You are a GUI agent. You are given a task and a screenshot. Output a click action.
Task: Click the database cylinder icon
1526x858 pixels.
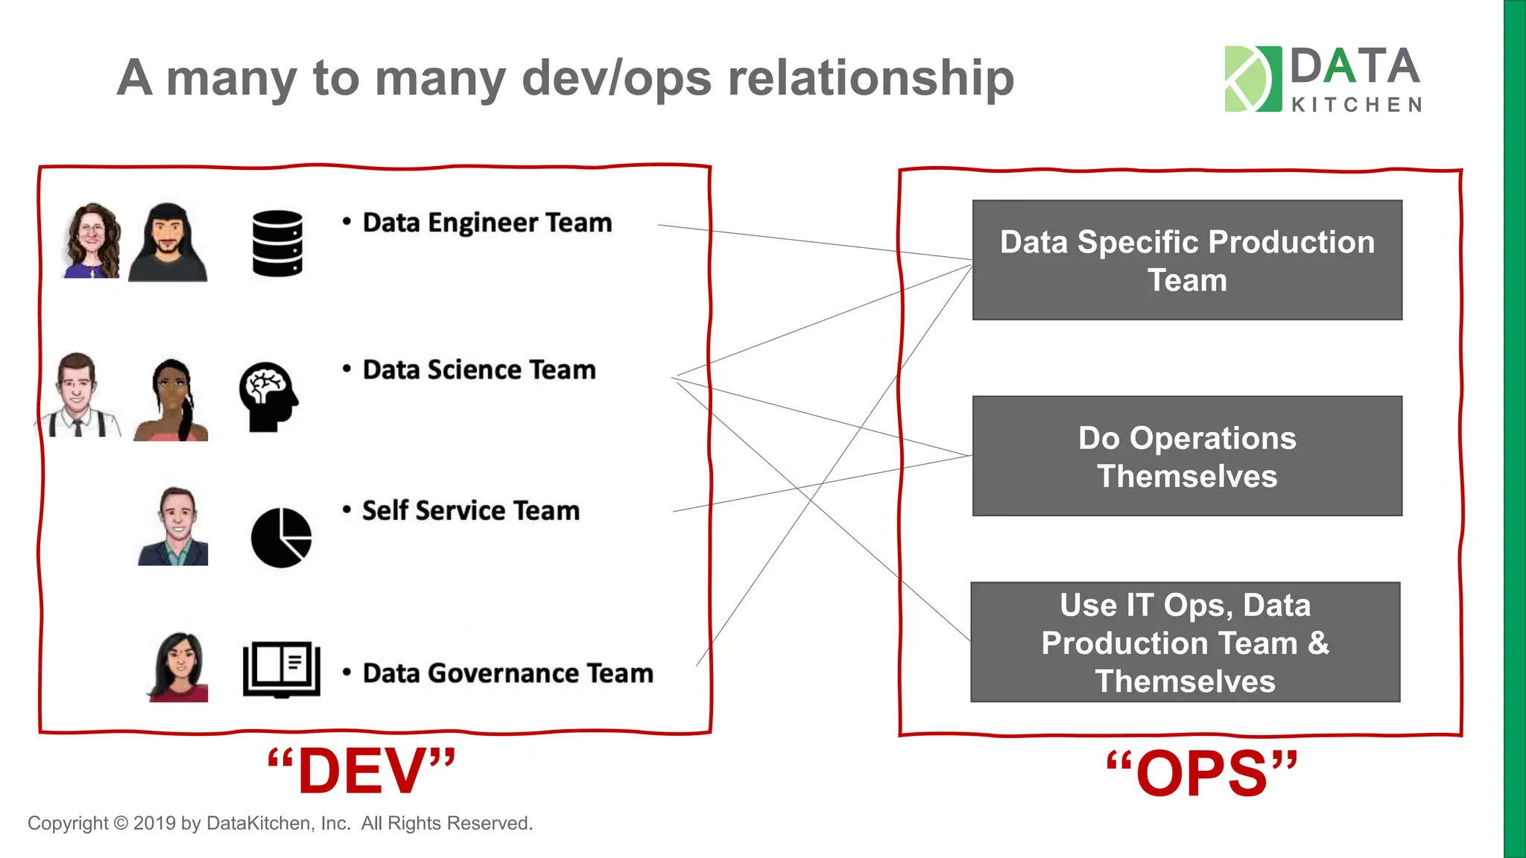pyautogui.click(x=277, y=244)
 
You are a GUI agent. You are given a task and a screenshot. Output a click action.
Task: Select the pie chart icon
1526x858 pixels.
pyautogui.click(x=281, y=537)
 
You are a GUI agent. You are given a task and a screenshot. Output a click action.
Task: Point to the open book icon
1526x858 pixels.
pyautogui.click(x=282, y=669)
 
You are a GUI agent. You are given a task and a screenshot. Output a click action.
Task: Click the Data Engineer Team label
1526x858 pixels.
pyautogui.click(x=487, y=223)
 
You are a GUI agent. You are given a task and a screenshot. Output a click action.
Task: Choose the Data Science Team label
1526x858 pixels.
pyautogui.click(x=478, y=370)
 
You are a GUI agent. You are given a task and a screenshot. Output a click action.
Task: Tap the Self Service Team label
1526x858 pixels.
pyautogui.click(x=470, y=511)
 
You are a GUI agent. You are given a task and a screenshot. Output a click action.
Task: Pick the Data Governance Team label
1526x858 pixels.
pyautogui.click(x=507, y=673)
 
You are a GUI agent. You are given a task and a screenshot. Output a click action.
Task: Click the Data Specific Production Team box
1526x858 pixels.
pyautogui.click(x=1187, y=260)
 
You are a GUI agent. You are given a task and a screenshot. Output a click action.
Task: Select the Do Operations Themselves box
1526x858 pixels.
pyautogui.click(x=1187, y=456)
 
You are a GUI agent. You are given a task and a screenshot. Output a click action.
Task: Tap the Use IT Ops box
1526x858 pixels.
pyautogui.click(x=1185, y=642)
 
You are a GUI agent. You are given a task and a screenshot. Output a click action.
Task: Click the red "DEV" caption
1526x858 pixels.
pyautogui.click(x=361, y=772)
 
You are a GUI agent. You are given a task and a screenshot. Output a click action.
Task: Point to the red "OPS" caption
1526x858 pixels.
pyautogui.click(x=1202, y=774)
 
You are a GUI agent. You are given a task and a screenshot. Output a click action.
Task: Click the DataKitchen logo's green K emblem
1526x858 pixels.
pyautogui.click(x=1253, y=79)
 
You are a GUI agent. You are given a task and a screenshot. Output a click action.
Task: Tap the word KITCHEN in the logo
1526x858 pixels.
pyautogui.click(x=1356, y=105)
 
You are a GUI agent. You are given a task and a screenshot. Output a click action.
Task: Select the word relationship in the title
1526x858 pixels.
pyautogui.click(x=870, y=77)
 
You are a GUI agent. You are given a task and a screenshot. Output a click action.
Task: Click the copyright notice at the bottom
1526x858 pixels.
pyautogui.click(x=280, y=823)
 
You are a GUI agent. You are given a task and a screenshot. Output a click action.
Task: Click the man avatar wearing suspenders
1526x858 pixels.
pyautogui.click(x=77, y=395)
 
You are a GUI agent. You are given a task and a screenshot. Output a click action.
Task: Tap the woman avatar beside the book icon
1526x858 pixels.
pyautogui.click(x=178, y=667)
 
